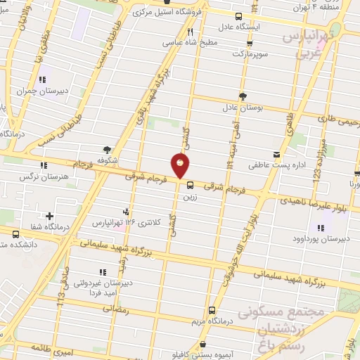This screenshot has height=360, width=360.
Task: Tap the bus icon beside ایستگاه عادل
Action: tap(239, 16)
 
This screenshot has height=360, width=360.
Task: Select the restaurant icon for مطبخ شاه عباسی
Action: tap(191, 32)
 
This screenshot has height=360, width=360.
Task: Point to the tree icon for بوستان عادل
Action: tap(243, 96)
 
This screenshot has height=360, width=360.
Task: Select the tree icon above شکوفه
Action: tap(107, 149)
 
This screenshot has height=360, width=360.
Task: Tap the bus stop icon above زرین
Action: tap(190, 186)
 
